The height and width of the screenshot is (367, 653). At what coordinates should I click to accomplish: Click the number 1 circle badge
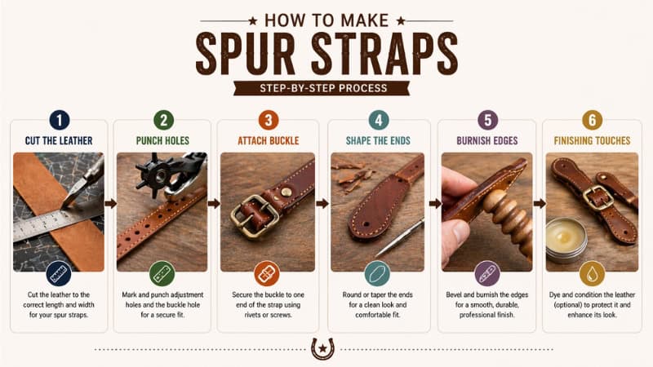click(x=59, y=120)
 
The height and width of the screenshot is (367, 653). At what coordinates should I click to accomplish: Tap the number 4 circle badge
click(x=378, y=120)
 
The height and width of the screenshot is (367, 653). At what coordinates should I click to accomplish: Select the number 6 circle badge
click(x=592, y=120)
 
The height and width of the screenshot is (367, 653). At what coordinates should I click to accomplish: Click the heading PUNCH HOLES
click(x=163, y=141)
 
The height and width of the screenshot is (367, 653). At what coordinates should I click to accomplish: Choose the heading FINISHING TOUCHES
click(x=592, y=141)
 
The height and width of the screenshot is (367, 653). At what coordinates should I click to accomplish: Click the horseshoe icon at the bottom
click(x=323, y=348)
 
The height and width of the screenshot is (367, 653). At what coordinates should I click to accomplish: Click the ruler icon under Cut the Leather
click(x=59, y=272)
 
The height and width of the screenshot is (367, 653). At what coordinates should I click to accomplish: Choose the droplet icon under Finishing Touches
click(x=592, y=272)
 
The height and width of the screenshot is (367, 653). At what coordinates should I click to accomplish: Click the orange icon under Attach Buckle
click(x=267, y=272)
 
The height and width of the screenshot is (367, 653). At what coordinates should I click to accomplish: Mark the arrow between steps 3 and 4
click(x=322, y=203)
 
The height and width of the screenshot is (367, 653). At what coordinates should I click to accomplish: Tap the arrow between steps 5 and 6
click(x=540, y=203)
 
